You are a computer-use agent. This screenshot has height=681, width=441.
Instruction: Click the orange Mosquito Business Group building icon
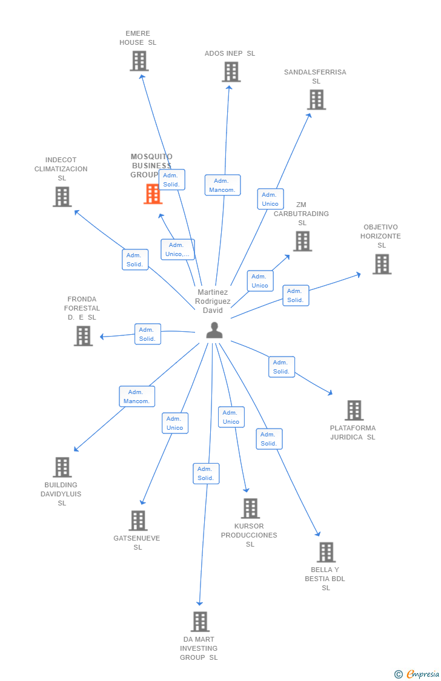153,194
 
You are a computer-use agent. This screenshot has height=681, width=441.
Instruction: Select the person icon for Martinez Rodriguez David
214,330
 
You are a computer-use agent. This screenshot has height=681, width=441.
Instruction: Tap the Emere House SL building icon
139,61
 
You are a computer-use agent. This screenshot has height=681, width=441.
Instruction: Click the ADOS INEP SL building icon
231,71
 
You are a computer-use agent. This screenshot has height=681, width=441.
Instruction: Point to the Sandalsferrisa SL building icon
316,99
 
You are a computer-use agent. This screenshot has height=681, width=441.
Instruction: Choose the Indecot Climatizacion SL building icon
62,197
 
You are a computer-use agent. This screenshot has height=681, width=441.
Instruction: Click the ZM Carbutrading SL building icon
302,241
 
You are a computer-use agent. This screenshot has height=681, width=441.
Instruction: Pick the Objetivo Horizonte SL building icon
382,264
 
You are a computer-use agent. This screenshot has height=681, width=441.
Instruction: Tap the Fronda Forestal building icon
84,335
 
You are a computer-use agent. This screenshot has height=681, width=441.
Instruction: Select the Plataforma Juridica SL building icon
354,410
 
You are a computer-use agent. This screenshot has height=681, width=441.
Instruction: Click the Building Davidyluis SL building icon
62,467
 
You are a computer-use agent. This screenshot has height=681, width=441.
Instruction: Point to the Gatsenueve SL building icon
138,521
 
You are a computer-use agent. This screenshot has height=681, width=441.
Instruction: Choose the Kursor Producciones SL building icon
250,508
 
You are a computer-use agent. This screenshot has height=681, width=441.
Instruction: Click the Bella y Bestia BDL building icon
326,552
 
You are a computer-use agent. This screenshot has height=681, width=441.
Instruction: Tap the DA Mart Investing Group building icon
200,622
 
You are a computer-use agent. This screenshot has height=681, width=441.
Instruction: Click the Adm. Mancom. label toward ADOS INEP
222,185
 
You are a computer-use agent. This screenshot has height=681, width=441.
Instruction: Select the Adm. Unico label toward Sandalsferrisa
270,199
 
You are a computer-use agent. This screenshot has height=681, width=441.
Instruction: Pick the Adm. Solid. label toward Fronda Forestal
148,334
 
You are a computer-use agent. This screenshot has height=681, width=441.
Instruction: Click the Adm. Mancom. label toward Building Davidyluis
137,396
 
